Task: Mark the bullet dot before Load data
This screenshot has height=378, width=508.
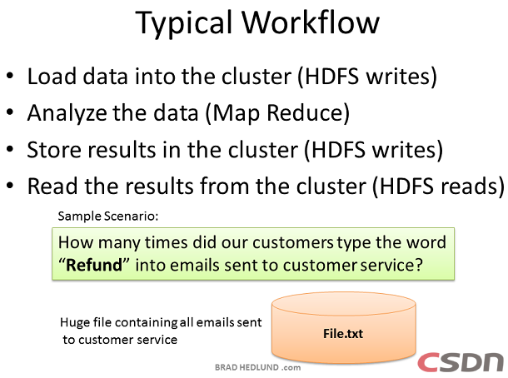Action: point(10,76)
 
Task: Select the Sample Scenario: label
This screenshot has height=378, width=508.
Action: point(108,216)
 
